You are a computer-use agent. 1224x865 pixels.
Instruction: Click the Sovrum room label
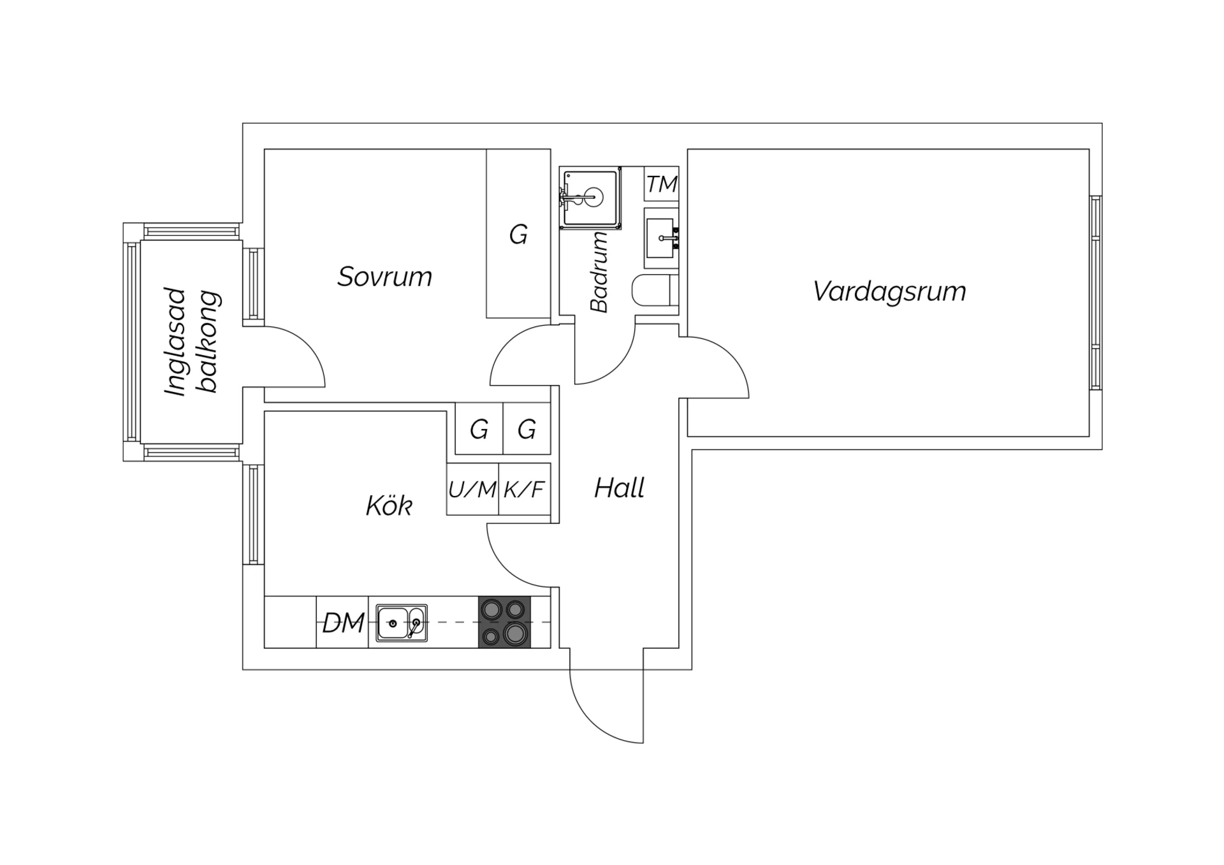(384, 277)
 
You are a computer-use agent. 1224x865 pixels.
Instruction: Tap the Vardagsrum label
(889, 291)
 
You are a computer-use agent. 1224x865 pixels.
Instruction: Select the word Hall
(619, 488)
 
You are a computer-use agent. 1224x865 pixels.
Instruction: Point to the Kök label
(389, 505)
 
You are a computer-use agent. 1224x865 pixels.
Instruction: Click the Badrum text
(599, 272)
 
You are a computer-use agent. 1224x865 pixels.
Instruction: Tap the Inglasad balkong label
(191, 342)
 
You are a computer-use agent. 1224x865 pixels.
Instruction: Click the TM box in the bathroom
(661, 184)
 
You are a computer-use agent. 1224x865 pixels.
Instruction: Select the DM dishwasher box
(342, 622)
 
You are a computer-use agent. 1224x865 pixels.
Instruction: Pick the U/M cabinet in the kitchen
(472, 489)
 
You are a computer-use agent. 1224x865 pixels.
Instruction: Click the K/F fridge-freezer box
(524, 489)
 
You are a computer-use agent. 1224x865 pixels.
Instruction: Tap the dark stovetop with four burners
(504, 622)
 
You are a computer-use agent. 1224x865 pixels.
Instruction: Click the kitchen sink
(402, 623)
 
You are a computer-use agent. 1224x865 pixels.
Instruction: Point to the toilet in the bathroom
(655, 291)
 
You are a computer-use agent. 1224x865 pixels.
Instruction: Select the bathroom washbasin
(661, 238)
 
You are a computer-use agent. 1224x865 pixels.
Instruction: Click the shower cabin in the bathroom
(590, 198)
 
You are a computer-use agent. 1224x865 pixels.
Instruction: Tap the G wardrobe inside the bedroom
(518, 233)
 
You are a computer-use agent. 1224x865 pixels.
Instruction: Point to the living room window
(1095, 293)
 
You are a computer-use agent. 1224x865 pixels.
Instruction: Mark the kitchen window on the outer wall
(253, 514)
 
